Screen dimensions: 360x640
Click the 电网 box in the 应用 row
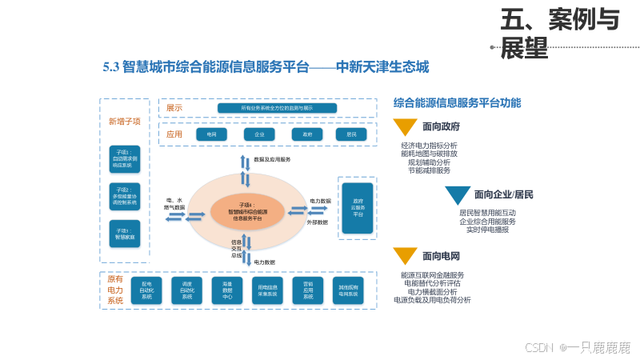211,134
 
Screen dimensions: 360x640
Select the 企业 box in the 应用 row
259,134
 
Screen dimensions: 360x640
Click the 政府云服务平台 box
358,208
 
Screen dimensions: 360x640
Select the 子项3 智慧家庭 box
124,234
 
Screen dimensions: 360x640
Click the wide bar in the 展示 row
277,108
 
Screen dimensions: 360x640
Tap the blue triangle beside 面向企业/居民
458,195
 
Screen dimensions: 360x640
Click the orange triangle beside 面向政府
406,126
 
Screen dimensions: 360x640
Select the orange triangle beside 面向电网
406,256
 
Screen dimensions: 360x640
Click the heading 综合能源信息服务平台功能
457,103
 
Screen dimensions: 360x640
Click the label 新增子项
124,122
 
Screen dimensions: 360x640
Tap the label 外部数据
318,222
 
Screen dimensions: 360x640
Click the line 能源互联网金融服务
432,274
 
